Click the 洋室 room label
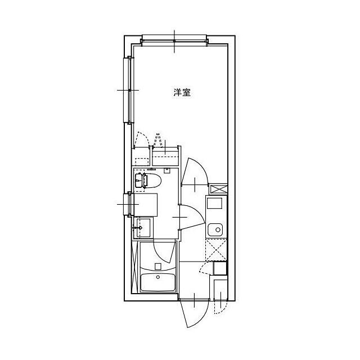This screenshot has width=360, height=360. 182,92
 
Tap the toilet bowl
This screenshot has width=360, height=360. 154,181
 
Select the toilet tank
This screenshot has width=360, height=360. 139,181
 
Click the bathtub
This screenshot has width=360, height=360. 157,282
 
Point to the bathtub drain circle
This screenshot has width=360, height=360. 158,277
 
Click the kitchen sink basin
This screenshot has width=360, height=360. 215,230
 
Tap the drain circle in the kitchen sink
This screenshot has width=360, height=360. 218,229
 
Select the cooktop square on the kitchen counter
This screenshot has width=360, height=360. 215,203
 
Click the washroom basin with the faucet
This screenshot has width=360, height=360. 143,227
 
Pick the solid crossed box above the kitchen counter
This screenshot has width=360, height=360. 219,189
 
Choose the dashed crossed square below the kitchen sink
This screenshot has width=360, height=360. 216,250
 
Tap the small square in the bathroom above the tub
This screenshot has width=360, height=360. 158,266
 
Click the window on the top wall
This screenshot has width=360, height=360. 174,40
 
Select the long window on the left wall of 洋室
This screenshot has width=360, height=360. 129,90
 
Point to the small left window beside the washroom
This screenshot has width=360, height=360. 128,204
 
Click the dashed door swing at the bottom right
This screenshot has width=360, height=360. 220,307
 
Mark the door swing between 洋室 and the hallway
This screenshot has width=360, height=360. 194,171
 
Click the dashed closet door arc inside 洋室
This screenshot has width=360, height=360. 141,139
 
